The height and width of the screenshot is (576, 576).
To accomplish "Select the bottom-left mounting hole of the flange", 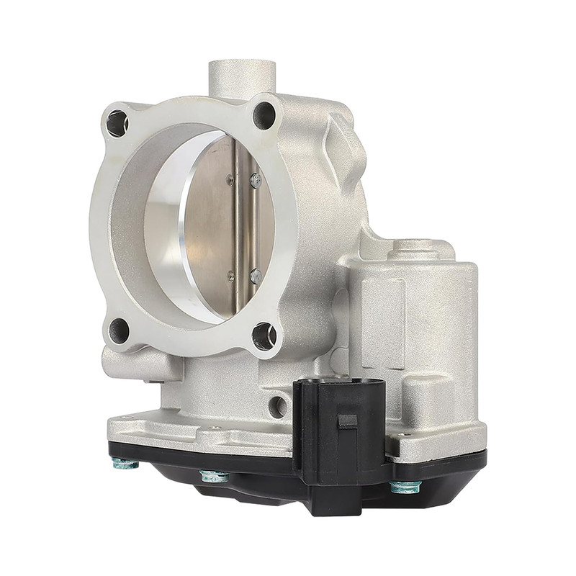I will coord(119,330).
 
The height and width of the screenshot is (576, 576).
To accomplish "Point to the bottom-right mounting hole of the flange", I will coord(264,335).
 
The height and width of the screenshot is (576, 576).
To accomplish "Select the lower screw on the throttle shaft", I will coord(254,274).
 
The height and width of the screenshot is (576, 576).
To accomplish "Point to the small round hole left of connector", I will coord(276,408).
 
